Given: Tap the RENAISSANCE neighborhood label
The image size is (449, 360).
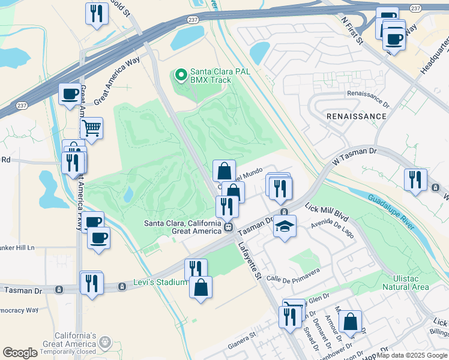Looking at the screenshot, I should click(356, 116).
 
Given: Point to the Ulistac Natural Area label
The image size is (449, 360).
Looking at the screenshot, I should click(406, 283).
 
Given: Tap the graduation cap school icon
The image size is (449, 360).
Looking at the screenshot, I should click(285, 226).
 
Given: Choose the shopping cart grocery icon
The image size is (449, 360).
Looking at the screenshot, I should click(91, 128).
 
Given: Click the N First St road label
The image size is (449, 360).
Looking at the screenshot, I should click(352, 31).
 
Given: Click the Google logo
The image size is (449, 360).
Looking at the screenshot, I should click(20, 353).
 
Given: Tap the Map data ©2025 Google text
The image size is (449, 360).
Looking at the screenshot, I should click(411, 355).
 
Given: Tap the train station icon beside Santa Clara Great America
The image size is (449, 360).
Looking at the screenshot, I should click(229, 227).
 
